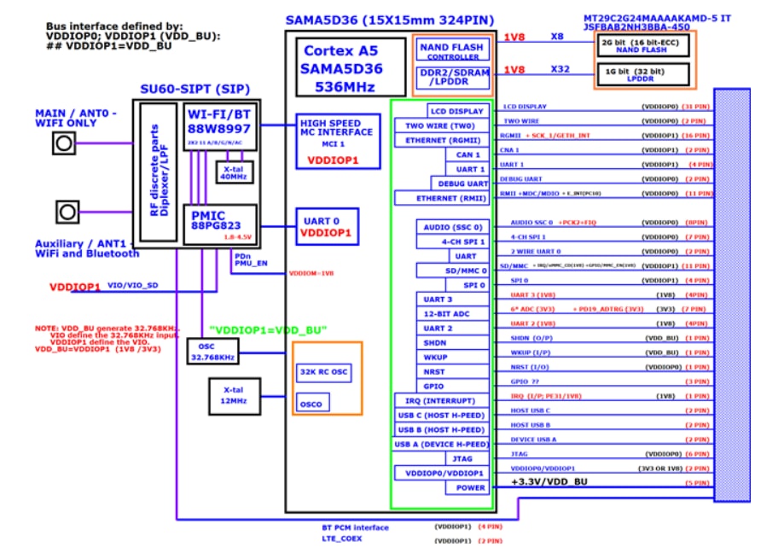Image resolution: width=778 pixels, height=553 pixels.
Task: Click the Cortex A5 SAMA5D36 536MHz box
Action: click(x=351, y=67)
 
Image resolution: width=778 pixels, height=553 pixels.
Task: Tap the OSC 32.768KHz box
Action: click(x=213, y=351)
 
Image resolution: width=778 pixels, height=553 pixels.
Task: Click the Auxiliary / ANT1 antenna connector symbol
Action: click(x=64, y=211)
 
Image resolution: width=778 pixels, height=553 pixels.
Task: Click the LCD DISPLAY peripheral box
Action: click(x=457, y=111)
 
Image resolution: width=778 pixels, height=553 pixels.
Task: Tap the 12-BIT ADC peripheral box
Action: click(x=448, y=313)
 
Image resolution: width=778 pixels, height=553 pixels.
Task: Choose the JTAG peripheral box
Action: click(x=462, y=458)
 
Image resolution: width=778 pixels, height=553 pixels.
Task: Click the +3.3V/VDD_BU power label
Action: click(x=551, y=482)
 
